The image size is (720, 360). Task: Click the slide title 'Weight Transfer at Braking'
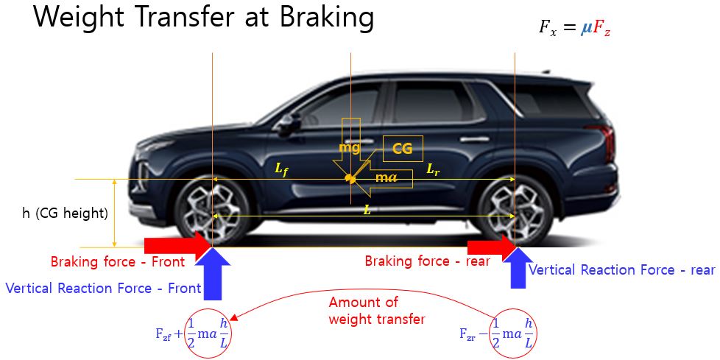[204, 18]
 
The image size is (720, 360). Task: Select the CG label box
[403, 148]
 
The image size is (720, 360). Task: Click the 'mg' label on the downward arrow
[350, 147]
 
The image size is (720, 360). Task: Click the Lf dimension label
[281, 169]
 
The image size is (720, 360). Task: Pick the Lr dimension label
[434, 169]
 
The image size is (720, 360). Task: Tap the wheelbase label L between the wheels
[367, 210]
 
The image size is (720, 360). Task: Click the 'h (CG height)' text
[65, 214]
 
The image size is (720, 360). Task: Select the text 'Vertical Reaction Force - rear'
[621, 270]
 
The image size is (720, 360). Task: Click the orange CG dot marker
[350, 179]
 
